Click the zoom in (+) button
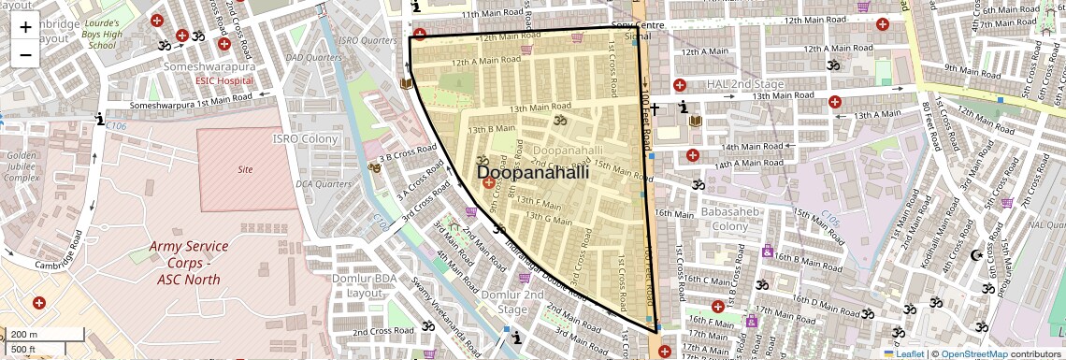tap(25, 26)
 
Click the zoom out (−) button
tap(25, 54)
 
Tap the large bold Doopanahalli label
tap(533, 173)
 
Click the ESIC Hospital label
tap(223, 81)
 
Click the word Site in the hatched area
tap(246, 170)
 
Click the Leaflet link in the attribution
tap(903, 354)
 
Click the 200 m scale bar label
tap(24, 335)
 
